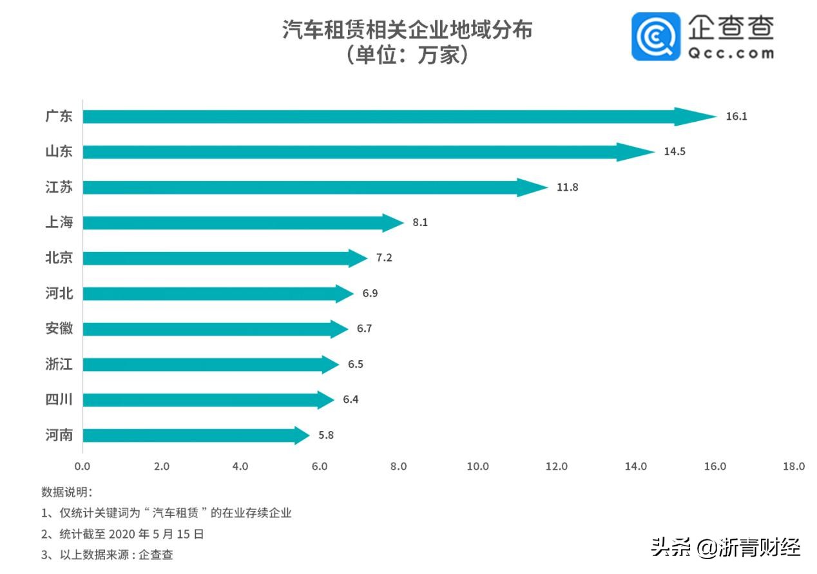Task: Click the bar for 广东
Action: [387, 117]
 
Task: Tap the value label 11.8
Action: [568, 187]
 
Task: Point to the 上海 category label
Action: [59, 223]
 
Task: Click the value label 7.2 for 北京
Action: [384, 258]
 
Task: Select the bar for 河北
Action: [213, 294]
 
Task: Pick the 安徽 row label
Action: [59, 329]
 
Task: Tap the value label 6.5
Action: [356, 364]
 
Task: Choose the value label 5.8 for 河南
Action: [326, 435]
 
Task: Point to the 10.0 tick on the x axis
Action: [478, 466]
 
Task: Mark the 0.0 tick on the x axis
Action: [82, 466]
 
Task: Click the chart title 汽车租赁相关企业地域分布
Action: [407, 30]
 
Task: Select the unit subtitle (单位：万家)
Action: [407, 55]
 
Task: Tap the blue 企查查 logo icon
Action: [655, 37]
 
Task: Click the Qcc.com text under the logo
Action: [730, 53]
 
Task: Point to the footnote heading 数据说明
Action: [67, 492]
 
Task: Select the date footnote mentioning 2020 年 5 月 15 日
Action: [122, 533]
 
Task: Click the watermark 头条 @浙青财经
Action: [726, 548]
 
